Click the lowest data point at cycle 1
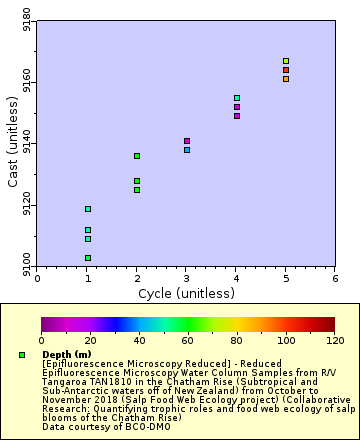pos(88,258)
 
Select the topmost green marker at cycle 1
pos(88,209)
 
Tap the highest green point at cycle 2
pos(137,156)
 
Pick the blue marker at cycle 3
pos(187,150)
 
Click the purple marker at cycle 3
pos(187,141)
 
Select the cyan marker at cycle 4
pos(237,98)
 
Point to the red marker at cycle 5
pos(286,70)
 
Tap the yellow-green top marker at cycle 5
pos(286,61)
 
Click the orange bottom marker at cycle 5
pos(286,78)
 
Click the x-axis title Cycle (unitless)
pos(186,294)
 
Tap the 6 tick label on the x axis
pos(335,279)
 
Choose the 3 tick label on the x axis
pos(186,279)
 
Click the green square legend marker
pos(22,355)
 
